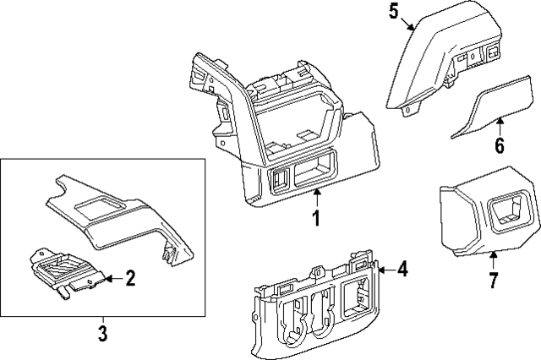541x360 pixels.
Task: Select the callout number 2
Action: tap(130, 278)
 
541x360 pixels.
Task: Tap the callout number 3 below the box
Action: tap(102, 334)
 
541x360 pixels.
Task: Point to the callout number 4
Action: tap(402, 270)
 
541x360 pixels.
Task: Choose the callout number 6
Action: tap(499, 145)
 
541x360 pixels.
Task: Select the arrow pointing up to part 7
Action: tap(494, 258)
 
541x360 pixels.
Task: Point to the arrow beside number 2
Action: tap(112, 277)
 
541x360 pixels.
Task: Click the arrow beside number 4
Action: tap(385, 270)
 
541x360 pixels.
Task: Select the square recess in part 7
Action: tap(508, 212)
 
